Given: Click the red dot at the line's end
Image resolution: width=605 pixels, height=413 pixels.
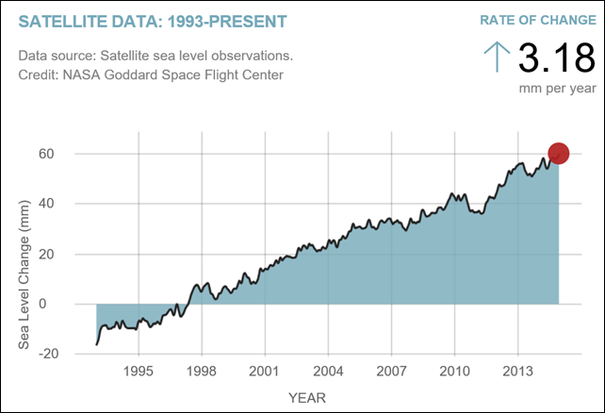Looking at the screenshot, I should tap(558, 153).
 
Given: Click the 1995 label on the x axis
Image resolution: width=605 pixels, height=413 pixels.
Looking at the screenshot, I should tap(139, 370).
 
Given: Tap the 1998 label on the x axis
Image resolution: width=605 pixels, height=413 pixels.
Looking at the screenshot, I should tap(202, 370).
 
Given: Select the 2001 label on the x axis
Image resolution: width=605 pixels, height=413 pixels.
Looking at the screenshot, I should tap(265, 370).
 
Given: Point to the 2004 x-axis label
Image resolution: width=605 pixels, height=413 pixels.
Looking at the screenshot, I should tap(328, 370).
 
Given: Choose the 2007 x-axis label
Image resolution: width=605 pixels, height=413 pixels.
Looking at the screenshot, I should tap(391, 370).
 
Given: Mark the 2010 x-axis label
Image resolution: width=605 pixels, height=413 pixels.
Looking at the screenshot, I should tap(454, 370).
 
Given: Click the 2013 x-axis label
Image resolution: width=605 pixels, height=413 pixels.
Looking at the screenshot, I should tap(517, 370).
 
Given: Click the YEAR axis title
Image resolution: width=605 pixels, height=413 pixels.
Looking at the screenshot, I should tap(307, 397).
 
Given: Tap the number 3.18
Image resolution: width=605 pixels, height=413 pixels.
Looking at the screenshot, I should tap(556, 59).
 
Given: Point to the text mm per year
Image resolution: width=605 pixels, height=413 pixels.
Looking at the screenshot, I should tap(558, 88).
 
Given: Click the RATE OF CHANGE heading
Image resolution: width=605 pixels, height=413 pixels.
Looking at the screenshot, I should tap(538, 20).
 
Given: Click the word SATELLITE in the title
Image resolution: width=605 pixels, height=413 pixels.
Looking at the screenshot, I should tap(60, 20).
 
